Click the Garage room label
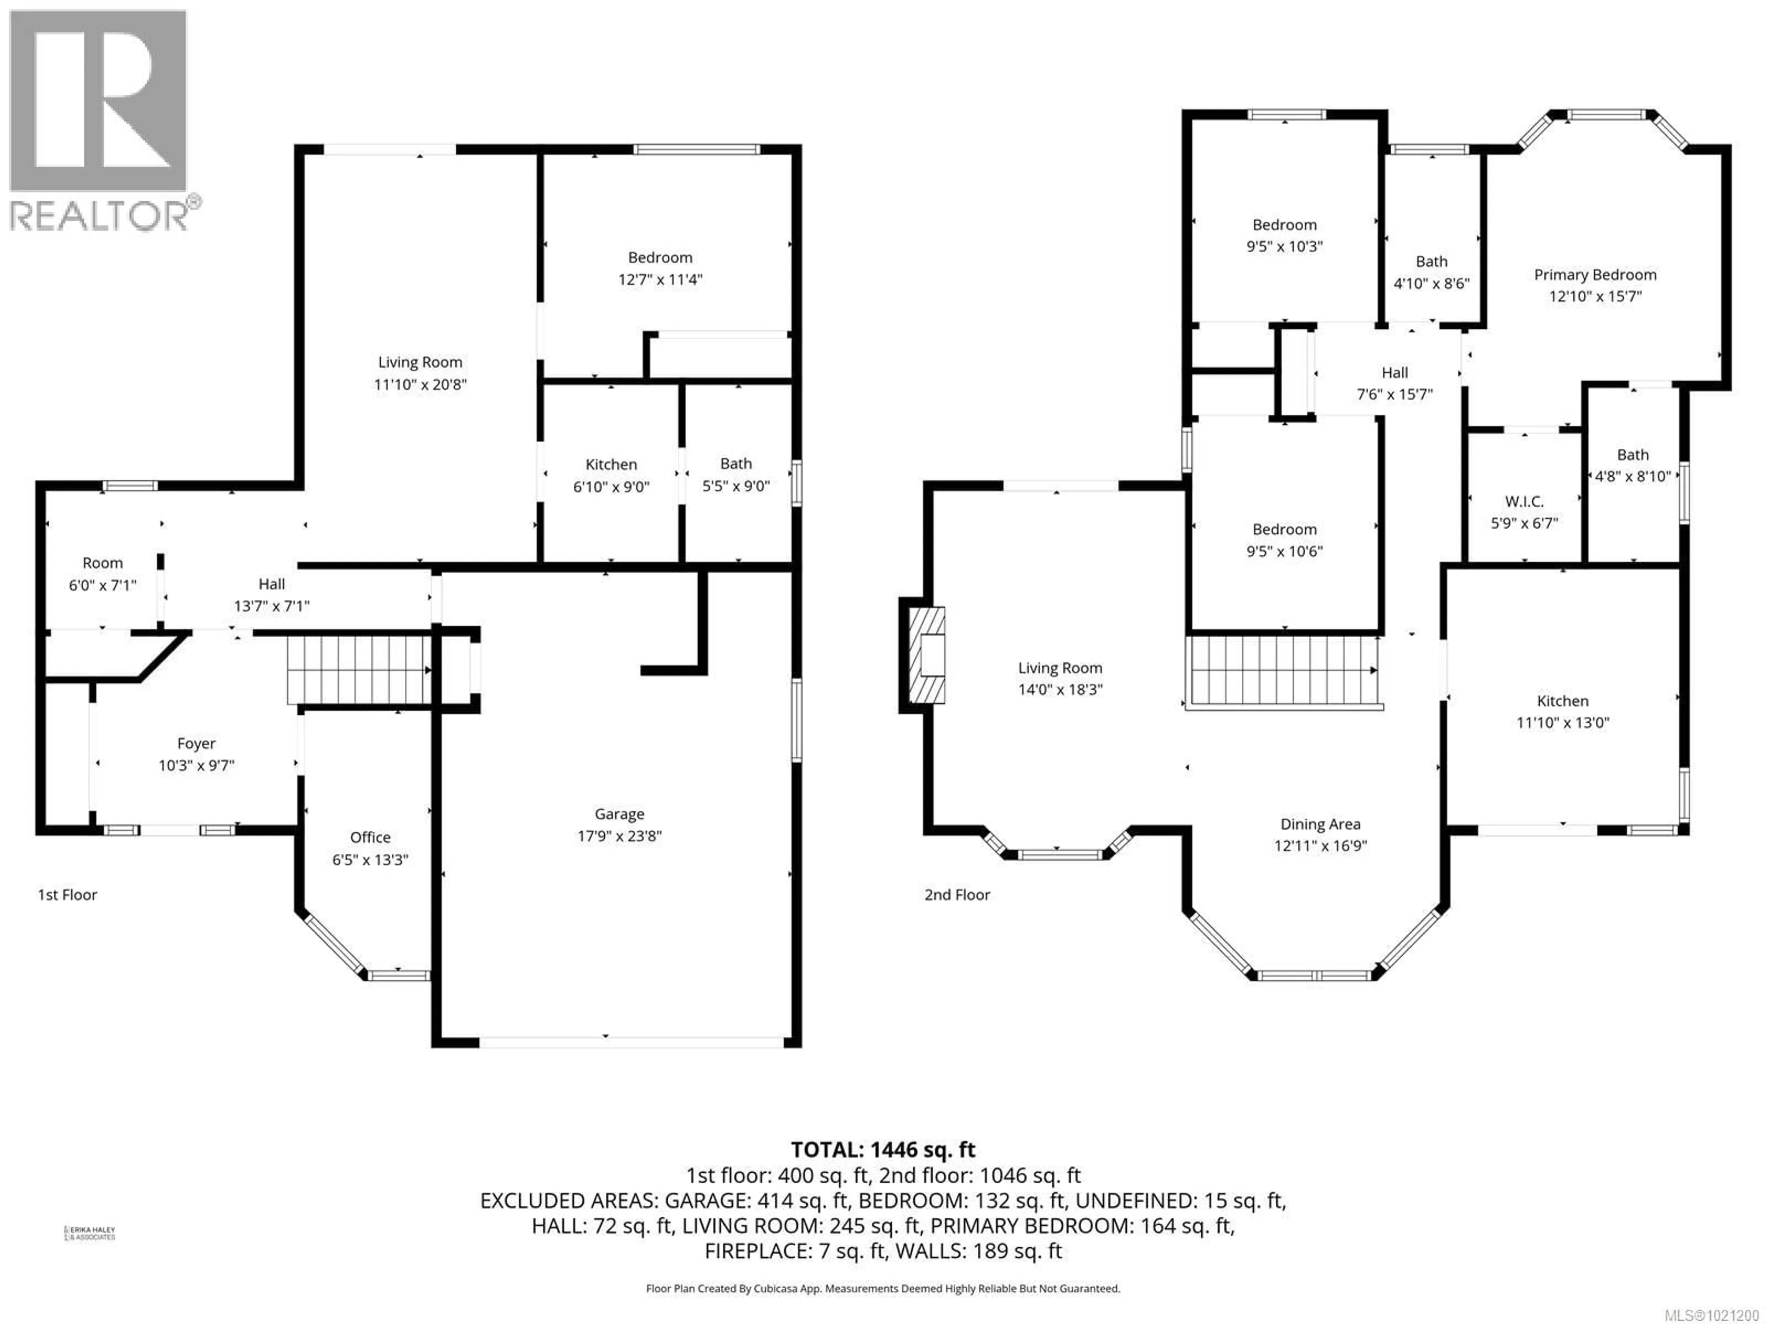pyautogui.click(x=619, y=814)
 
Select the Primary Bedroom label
pyautogui.click(x=1594, y=274)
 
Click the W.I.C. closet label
pyautogui.click(x=1524, y=501)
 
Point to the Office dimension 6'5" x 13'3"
pyautogui.click(x=370, y=860)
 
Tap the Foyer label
pyautogui.click(x=196, y=743)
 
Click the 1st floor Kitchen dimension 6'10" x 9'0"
pyautogui.click(x=611, y=486)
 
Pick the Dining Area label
pyautogui.click(x=1320, y=824)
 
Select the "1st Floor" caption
pyautogui.click(x=68, y=895)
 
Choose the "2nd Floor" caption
pyautogui.click(x=957, y=895)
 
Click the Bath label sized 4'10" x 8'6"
pyautogui.click(x=1431, y=261)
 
